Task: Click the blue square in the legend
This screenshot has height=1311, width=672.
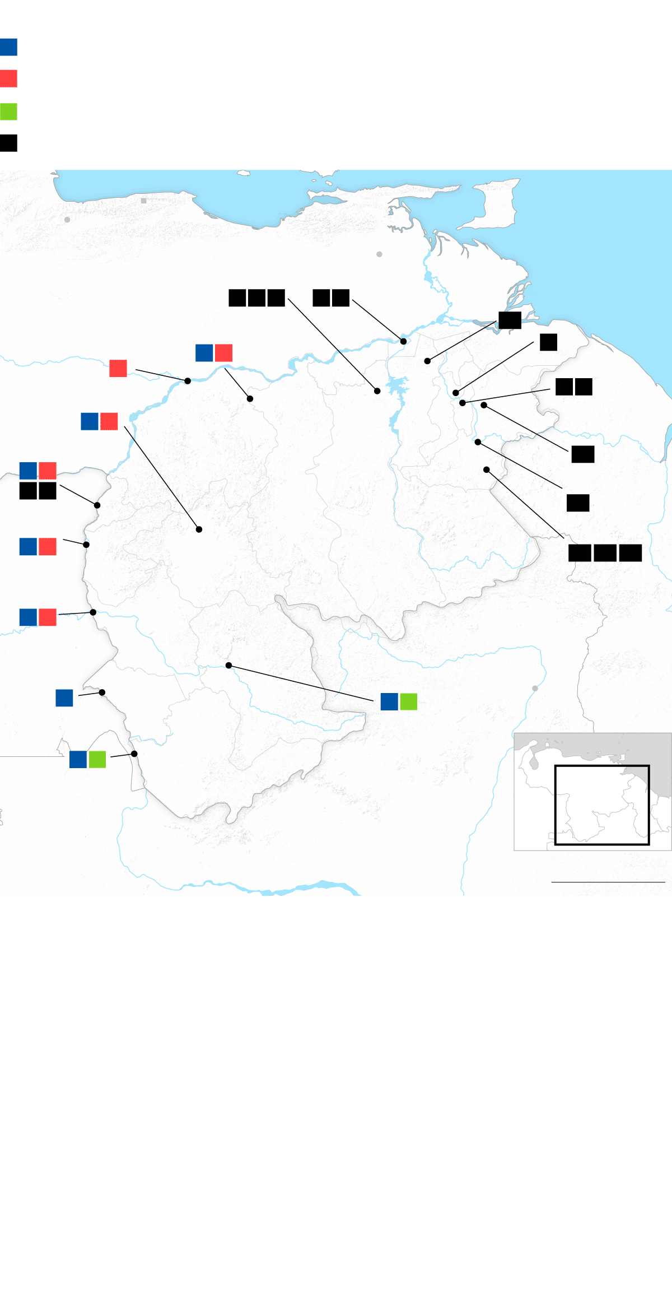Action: tap(8, 47)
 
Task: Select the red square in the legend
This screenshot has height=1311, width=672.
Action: tap(8, 78)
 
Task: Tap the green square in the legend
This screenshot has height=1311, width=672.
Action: tap(8, 111)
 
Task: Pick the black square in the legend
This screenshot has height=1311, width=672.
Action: tap(8, 143)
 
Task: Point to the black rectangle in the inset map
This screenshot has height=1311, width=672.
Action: tap(602, 805)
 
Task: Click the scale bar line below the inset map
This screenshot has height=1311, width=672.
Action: tap(608, 882)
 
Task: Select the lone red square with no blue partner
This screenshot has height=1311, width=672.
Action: tap(118, 368)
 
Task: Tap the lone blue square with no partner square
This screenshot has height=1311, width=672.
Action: tap(64, 698)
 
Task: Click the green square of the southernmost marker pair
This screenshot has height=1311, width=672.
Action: tap(97, 759)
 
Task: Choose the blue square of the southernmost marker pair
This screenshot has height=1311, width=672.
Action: tap(78, 759)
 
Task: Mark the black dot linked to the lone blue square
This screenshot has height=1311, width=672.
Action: tap(102, 692)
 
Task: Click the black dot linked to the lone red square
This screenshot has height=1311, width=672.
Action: tap(188, 381)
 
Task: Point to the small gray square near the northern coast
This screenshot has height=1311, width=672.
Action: tap(144, 201)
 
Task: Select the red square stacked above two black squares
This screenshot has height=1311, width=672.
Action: tap(48, 471)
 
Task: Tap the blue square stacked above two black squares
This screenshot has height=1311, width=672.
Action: tap(28, 471)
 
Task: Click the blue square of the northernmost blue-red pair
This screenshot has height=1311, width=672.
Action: tap(204, 353)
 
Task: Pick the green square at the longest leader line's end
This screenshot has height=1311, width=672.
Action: tap(409, 701)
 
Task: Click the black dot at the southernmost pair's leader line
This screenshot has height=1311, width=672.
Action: tap(134, 754)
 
